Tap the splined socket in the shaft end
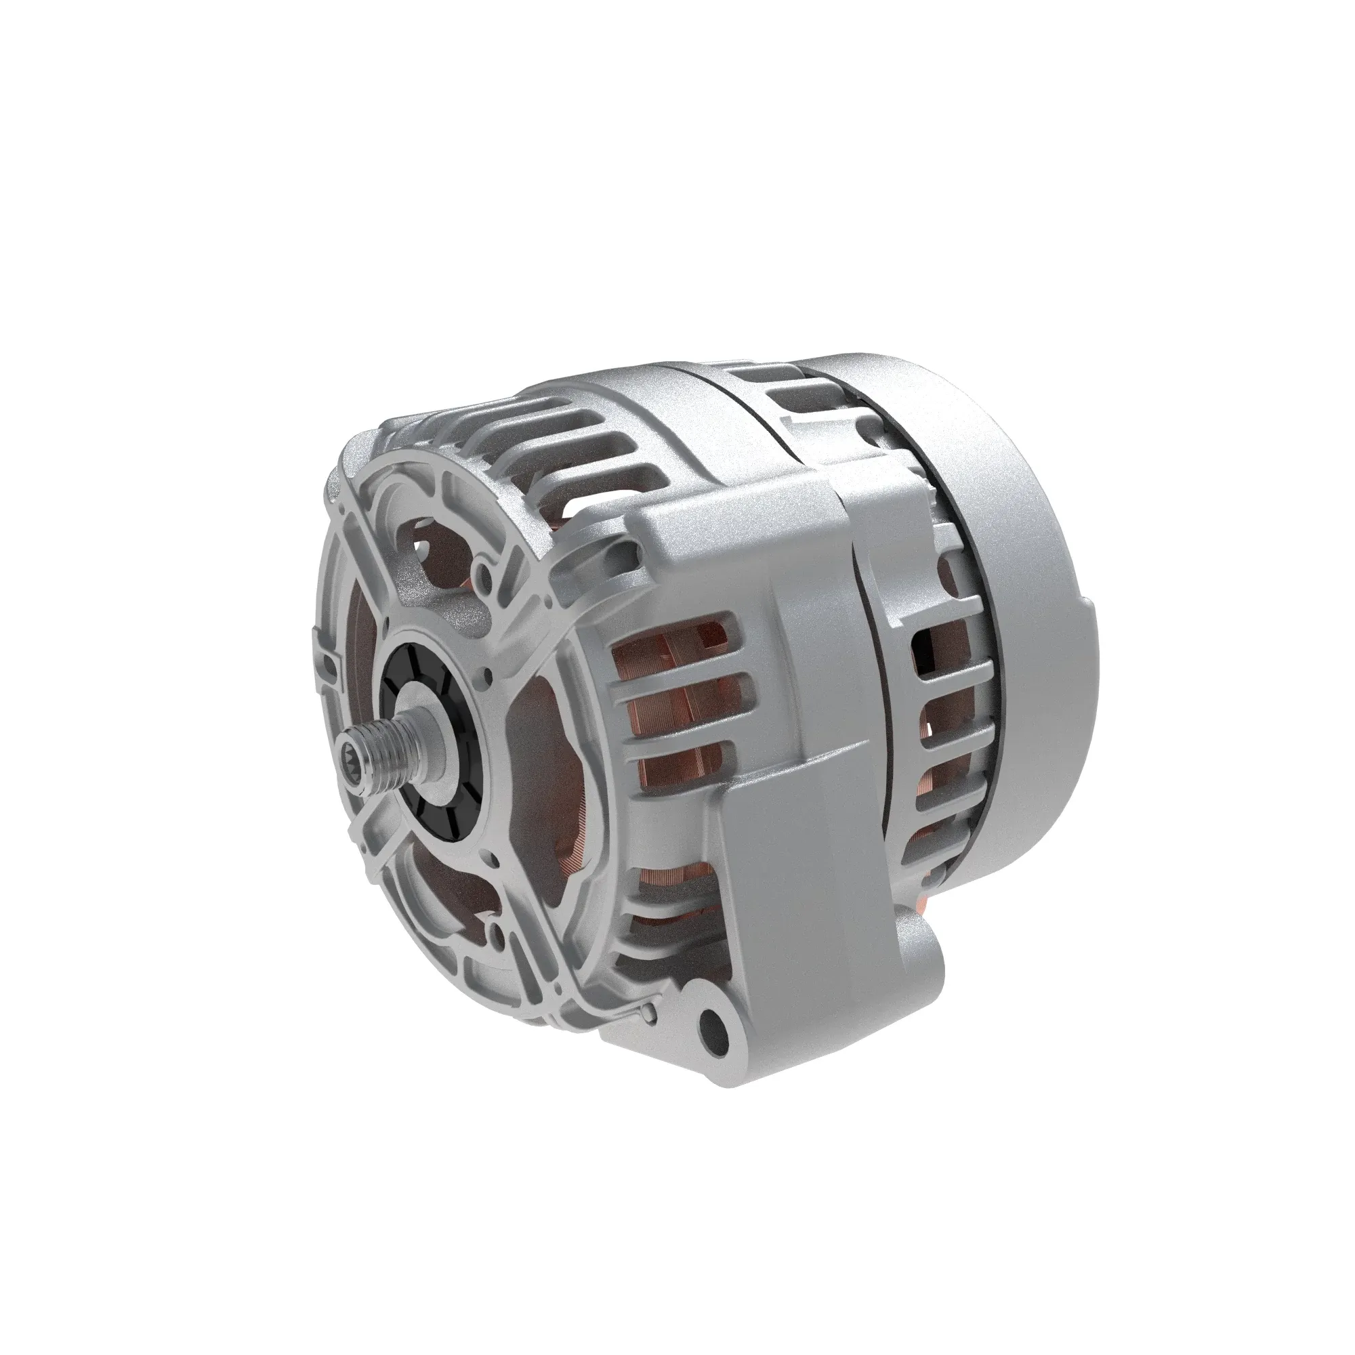click(x=353, y=757)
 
